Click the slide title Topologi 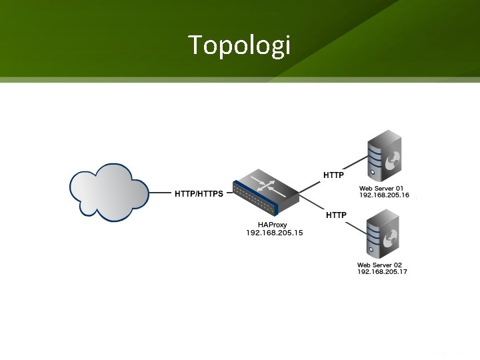coord(239,45)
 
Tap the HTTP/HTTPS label coord(199,194)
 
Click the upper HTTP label coord(333,175)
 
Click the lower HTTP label coord(335,215)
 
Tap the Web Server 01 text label coord(381,189)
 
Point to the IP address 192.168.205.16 coord(383,196)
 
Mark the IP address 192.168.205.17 coord(382,272)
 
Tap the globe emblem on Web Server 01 coord(393,159)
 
